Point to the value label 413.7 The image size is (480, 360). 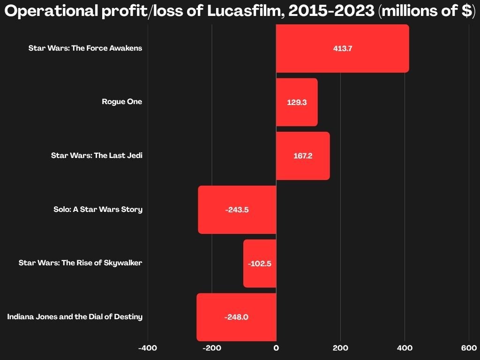(343, 48)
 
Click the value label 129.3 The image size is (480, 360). (297, 102)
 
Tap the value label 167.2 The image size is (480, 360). (303, 156)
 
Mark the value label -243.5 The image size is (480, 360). (237, 210)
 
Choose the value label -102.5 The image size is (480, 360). (260, 263)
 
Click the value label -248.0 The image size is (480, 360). (236, 317)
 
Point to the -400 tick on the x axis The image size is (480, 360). (148, 348)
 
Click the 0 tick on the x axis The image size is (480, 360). (276, 348)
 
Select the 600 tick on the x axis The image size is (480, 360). (469, 348)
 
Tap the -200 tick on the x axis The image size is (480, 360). (212, 348)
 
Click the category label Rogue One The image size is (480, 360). (122, 102)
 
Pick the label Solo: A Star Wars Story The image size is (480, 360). (98, 209)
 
